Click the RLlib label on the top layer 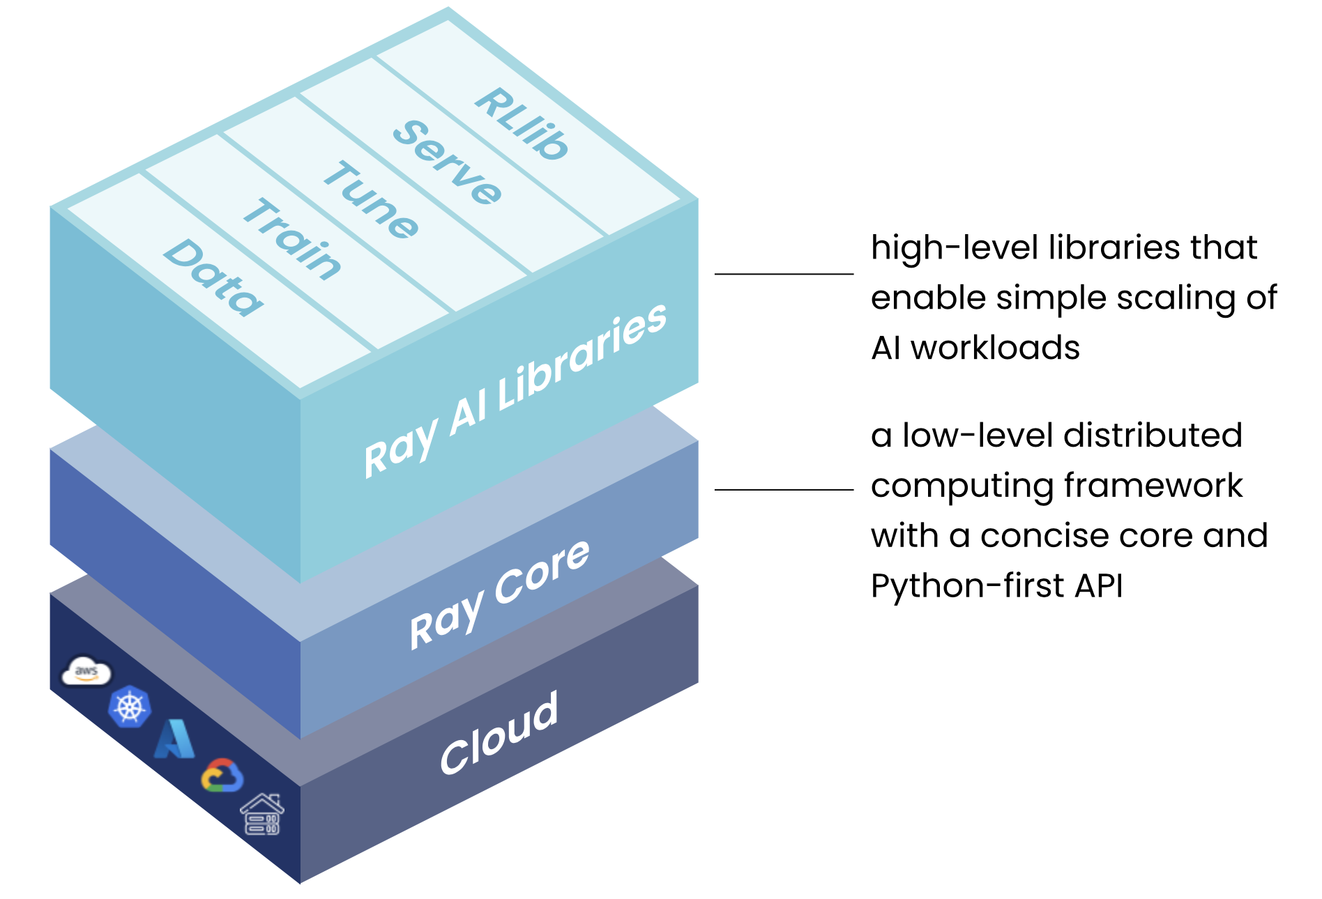coord(522,124)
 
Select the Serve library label coord(447,162)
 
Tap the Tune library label coord(371,201)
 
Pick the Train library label coord(292,239)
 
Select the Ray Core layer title coord(499,594)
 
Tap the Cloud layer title coord(499,733)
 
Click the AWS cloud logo coord(86,672)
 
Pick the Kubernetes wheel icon coord(130,707)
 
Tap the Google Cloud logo coord(222,776)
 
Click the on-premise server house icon coord(262,814)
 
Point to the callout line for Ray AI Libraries coord(784,274)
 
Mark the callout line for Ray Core coord(784,490)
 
